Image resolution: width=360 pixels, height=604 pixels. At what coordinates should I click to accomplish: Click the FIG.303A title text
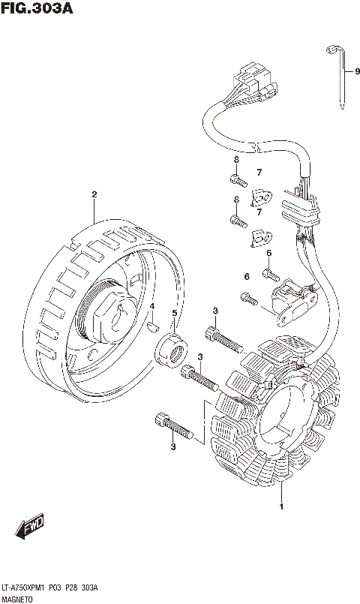coord(37,8)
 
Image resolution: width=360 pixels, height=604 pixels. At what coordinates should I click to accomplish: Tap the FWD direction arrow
coord(29,525)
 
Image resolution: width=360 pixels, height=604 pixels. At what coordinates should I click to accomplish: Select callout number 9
coord(357,71)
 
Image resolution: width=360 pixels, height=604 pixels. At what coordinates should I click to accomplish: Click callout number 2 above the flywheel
coord(94,194)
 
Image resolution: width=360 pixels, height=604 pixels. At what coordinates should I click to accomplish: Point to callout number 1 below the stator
coord(281,506)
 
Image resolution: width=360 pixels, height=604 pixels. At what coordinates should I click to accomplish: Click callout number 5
coord(175,313)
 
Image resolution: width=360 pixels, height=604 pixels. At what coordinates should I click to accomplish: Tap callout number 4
coord(152,306)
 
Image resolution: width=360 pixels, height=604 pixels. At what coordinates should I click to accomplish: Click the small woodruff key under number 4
coord(153,327)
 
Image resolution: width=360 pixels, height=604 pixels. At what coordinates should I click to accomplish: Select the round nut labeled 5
coord(171,349)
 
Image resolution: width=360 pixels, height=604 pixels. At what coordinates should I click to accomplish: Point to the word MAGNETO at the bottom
coord(17,599)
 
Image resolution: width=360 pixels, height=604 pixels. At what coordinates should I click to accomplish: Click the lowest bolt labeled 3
coord(173,425)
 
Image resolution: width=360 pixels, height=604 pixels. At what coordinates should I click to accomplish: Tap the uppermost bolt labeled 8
coord(238,179)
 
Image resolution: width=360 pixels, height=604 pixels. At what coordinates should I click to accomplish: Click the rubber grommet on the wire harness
coord(300,210)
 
